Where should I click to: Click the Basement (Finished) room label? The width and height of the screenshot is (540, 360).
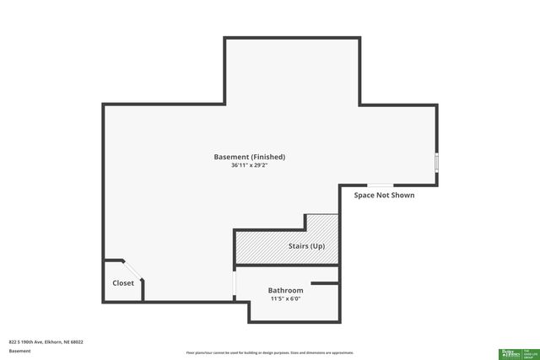[249, 157]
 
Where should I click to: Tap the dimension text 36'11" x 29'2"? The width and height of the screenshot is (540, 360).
[249, 166]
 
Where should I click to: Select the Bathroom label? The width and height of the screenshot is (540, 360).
[285, 290]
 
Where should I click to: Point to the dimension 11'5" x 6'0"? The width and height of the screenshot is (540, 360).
[285, 298]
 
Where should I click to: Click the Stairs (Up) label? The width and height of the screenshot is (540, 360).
[306, 246]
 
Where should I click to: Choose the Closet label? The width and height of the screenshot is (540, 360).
[123, 283]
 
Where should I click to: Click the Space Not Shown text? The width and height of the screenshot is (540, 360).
[384, 195]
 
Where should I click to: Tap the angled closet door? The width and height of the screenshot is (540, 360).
[134, 271]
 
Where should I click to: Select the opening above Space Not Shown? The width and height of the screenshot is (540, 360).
[379, 185]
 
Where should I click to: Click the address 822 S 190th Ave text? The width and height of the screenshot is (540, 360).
[46, 341]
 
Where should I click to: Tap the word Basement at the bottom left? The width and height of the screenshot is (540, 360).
[19, 351]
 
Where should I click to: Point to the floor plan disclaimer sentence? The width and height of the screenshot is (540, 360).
[269, 352]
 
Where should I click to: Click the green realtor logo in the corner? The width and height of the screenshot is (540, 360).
[516, 353]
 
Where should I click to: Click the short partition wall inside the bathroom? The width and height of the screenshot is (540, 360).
[325, 283]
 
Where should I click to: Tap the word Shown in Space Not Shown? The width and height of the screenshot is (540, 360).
[401, 195]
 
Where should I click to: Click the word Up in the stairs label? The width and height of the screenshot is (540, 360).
[318, 246]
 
